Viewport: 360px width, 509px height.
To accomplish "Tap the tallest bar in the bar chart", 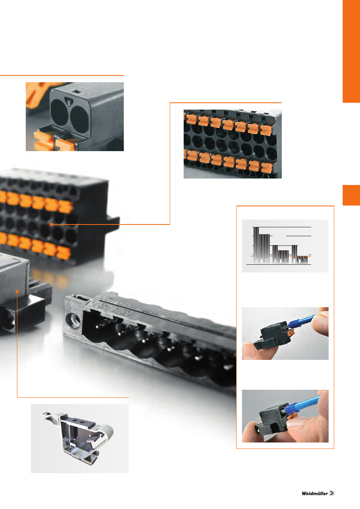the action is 256,245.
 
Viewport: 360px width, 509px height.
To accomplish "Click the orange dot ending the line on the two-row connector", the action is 52,224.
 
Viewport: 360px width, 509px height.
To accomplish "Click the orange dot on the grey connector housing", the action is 17,291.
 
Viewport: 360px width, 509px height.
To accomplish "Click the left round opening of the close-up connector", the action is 59,113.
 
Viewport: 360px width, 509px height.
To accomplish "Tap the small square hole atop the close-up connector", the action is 76,91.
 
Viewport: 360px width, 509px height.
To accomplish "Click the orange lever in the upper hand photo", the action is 291,333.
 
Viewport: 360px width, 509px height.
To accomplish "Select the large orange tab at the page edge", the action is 352,51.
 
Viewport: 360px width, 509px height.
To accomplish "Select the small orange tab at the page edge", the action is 352,195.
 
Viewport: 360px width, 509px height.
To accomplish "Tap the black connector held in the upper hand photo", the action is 273,336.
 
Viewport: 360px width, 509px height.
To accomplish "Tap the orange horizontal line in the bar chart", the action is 281,256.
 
